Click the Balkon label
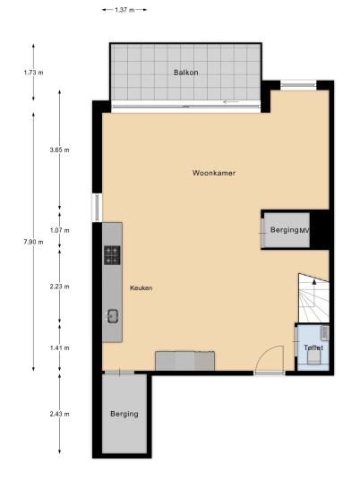(185, 73)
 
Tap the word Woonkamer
(214, 173)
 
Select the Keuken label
(141, 288)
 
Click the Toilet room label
(313, 347)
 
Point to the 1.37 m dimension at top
(124, 10)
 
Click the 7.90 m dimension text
(33, 242)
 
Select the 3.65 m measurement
(59, 150)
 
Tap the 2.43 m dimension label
(59, 414)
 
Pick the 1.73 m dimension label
(33, 73)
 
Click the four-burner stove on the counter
(112, 255)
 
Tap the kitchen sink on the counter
(112, 316)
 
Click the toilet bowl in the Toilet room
(314, 357)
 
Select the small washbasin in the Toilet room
(325, 333)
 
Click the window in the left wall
(98, 208)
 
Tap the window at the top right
(298, 85)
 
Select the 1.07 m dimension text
(59, 230)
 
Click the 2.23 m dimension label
(59, 287)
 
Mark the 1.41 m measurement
(59, 347)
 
